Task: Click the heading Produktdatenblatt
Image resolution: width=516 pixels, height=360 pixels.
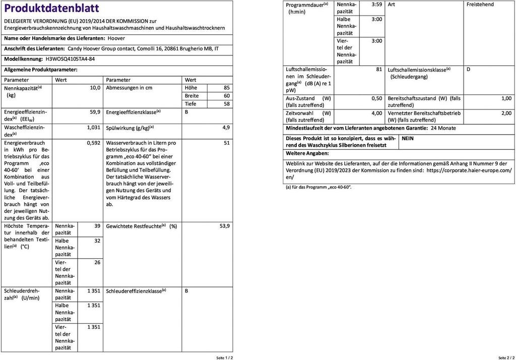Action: tap(51, 9)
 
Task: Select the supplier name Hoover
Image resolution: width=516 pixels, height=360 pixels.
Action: tap(116, 38)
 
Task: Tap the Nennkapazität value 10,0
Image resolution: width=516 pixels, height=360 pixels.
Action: tap(95, 88)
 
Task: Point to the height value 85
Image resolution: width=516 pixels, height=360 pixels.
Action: tap(226, 88)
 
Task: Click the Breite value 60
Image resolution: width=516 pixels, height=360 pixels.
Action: tap(226, 96)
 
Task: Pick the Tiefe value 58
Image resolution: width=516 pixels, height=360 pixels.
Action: tap(226, 104)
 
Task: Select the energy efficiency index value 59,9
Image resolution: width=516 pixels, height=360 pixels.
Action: tap(95, 112)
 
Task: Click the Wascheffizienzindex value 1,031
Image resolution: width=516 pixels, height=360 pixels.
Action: tap(94, 128)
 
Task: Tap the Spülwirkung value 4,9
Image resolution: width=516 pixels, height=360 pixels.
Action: tap(226, 128)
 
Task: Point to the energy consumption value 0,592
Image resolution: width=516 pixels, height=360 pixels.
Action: tap(94, 143)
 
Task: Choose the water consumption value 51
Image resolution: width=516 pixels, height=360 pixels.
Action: tap(226, 143)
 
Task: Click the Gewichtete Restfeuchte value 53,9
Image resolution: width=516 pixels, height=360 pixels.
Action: tap(224, 226)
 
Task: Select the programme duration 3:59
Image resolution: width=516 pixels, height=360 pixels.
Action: tap(376, 5)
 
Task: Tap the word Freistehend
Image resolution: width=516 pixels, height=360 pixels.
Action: tap(480, 5)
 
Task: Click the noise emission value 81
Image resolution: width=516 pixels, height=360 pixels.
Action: tap(379, 70)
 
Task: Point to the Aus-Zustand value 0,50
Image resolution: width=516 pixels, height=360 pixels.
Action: tap(376, 98)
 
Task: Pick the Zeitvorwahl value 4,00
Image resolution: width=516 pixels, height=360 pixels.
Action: tap(376, 113)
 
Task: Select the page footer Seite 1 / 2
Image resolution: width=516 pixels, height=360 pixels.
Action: tap(225, 357)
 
